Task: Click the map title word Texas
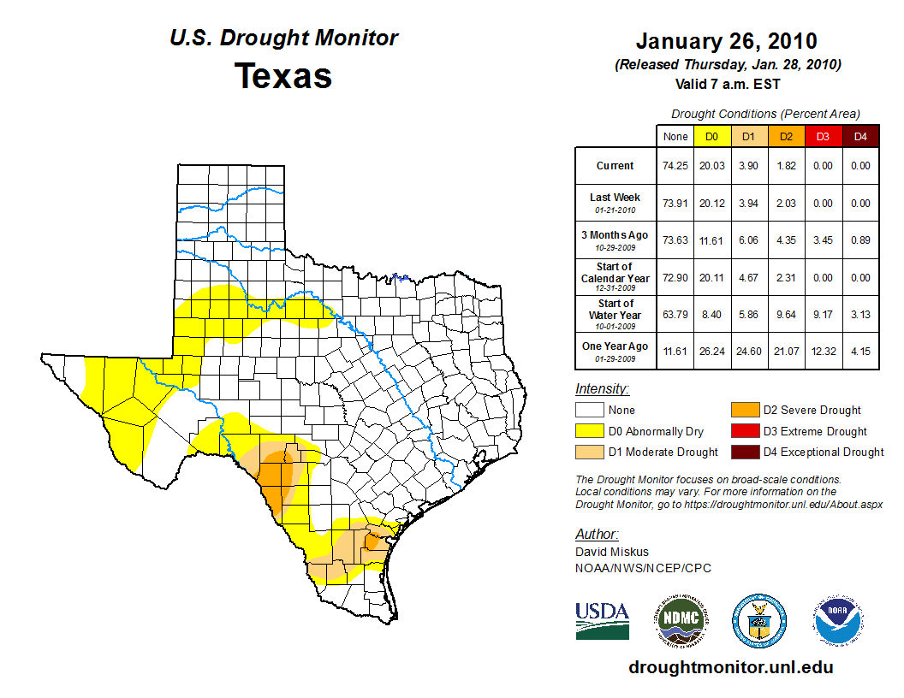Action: coord(283,76)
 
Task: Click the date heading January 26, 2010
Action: coord(727,41)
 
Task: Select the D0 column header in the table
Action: coord(711,136)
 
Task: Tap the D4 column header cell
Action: coord(861,136)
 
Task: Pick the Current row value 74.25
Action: coord(675,166)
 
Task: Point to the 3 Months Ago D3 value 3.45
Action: coord(824,240)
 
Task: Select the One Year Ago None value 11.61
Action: coord(675,352)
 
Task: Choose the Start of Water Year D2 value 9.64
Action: coord(786,315)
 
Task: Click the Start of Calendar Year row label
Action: coord(616,277)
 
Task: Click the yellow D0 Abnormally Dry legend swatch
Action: coord(590,431)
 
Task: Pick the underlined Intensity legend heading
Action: coord(602,389)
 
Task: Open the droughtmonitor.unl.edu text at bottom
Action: coord(730,667)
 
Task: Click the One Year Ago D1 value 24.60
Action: coord(749,352)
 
